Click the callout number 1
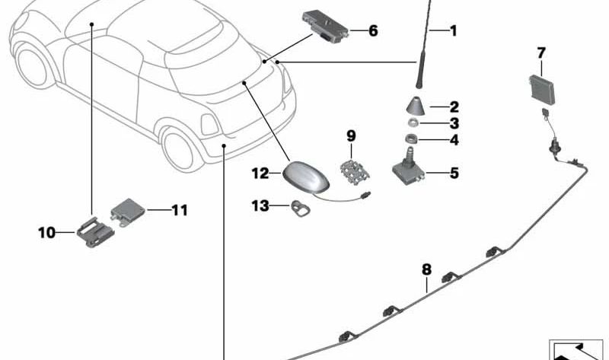(x=454, y=31)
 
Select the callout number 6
(x=373, y=31)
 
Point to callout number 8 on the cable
(x=426, y=269)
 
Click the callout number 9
(x=351, y=136)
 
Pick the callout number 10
(x=47, y=232)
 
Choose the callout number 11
(x=179, y=209)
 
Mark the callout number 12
(x=261, y=174)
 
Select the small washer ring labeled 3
(x=413, y=123)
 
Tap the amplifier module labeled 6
(x=326, y=26)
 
